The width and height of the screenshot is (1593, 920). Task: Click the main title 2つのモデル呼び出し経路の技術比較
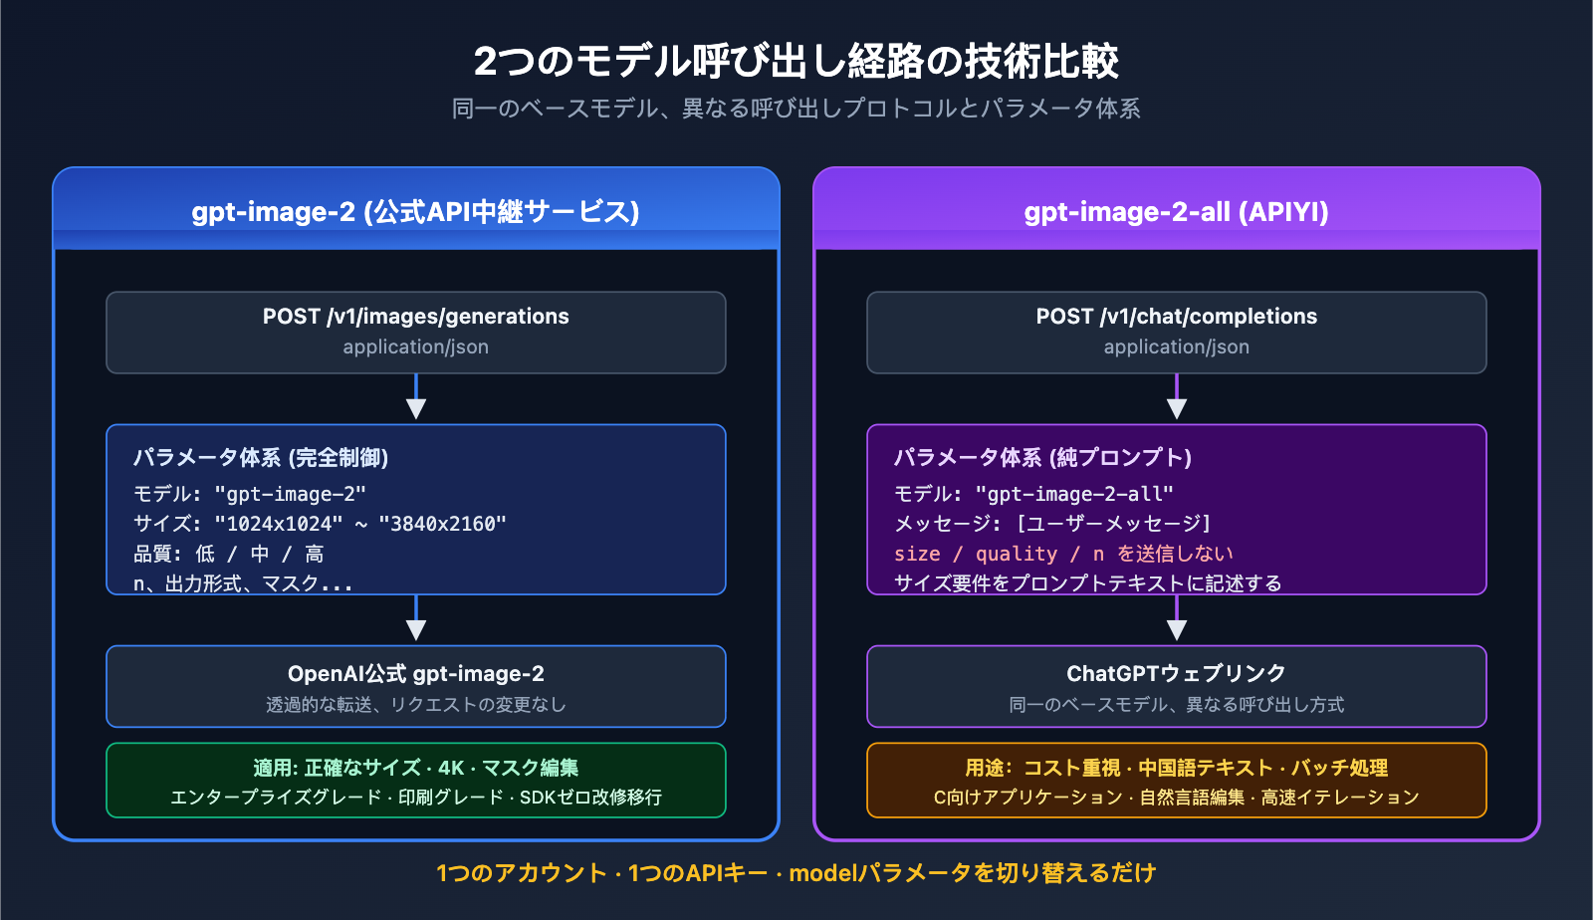point(796,62)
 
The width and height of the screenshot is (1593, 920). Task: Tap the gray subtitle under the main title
point(796,109)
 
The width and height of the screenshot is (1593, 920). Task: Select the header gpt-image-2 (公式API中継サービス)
point(415,212)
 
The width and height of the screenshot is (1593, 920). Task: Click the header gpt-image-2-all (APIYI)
point(1176,212)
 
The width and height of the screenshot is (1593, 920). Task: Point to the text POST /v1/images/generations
point(415,317)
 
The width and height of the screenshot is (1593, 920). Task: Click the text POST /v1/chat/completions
point(1176,317)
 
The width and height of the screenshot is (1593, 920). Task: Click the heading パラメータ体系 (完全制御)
point(261,458)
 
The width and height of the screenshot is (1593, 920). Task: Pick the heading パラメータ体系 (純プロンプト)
point(1042,458)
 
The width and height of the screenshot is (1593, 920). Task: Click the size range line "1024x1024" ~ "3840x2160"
point(320,524)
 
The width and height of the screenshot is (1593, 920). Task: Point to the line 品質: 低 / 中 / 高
point(229,554)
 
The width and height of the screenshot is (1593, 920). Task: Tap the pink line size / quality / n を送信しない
point(1063,554)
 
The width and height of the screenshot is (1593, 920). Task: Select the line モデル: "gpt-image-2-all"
point(1033,494)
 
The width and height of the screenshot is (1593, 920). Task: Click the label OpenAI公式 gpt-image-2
point(415,674)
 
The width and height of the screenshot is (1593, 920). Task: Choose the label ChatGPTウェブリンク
point(1176,674)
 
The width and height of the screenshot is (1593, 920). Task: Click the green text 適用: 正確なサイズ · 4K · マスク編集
point(415,768)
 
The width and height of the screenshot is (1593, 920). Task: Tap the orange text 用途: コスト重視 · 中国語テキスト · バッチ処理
point(1176,768)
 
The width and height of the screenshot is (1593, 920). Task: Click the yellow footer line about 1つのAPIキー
point(796,873)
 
